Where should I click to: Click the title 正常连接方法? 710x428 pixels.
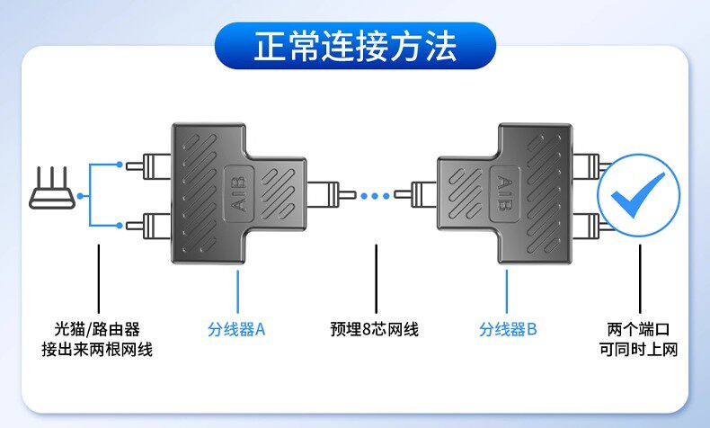(x=354, y=45)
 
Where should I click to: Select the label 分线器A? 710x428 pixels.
(x=237, y=329)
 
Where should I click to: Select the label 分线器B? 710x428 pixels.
(x=508, y=329)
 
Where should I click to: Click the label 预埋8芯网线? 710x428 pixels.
(x=374, y=329)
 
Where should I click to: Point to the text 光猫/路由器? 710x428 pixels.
(x=97, y=329)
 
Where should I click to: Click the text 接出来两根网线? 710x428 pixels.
(x=97, y=350)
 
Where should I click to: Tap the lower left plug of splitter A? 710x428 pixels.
(x=144, y=222)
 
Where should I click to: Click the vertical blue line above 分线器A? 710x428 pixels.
(x=238, y=289)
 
